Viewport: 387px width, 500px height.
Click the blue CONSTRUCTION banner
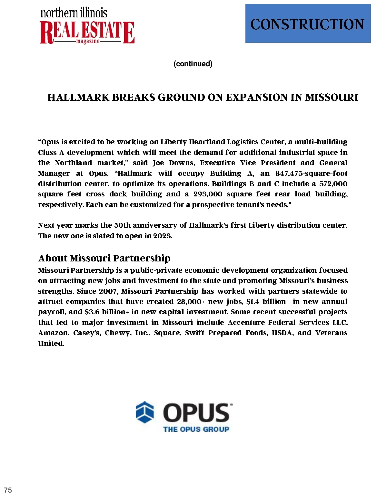(308, 24)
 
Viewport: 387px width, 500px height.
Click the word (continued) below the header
(193, 64)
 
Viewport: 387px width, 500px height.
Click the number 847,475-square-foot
(311, 174)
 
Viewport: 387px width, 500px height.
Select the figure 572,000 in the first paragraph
(333, 184)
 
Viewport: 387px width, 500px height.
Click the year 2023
(162, 236)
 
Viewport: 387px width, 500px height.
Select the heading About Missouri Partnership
(104, 258)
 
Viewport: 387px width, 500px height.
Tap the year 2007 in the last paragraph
(108, 291)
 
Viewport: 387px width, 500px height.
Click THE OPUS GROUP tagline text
(196, 429)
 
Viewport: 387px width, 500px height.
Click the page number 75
(8, 490)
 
